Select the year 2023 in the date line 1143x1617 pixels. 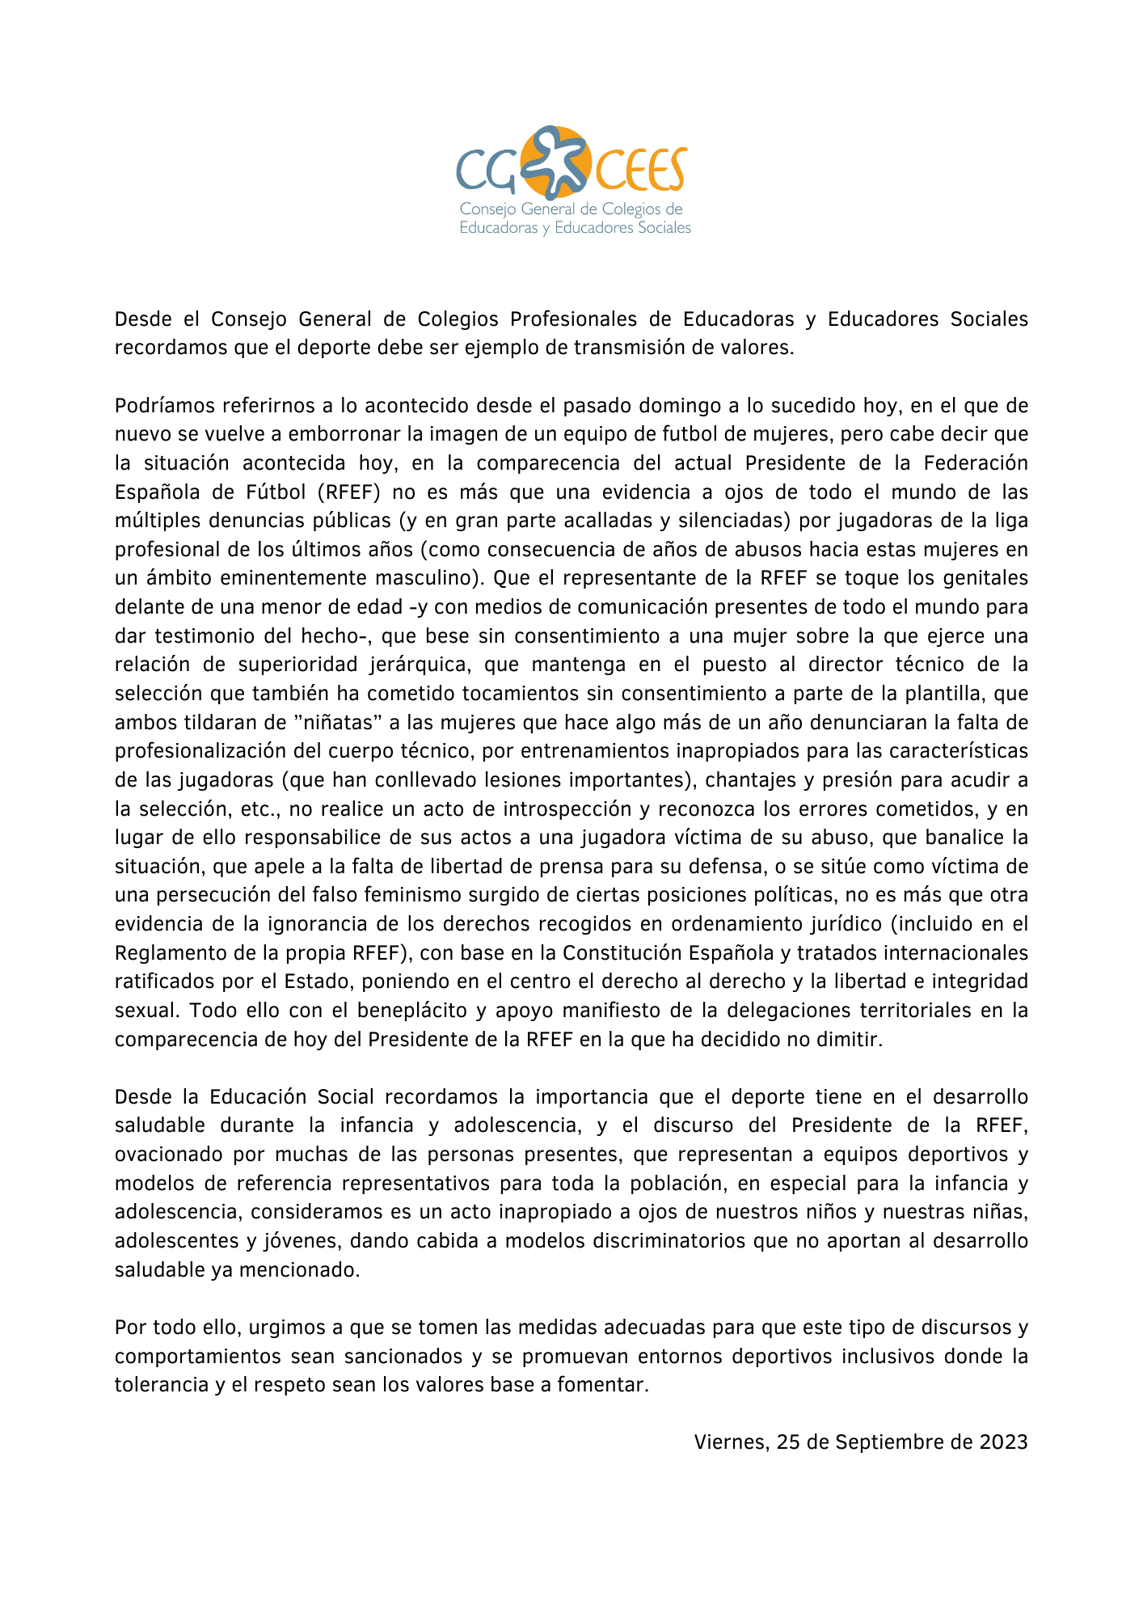click(1003, 1442)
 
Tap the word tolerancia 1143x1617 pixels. click(160, 1384)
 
